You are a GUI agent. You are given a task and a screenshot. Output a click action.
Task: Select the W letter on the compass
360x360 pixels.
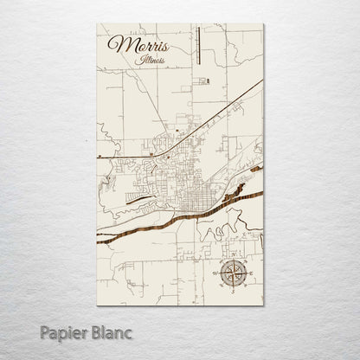[x=217, y=273]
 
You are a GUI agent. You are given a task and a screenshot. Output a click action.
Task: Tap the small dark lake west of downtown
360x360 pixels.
[x=138, y=196]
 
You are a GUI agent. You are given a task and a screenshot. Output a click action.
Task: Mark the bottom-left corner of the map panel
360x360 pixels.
[x=97, y=305]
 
